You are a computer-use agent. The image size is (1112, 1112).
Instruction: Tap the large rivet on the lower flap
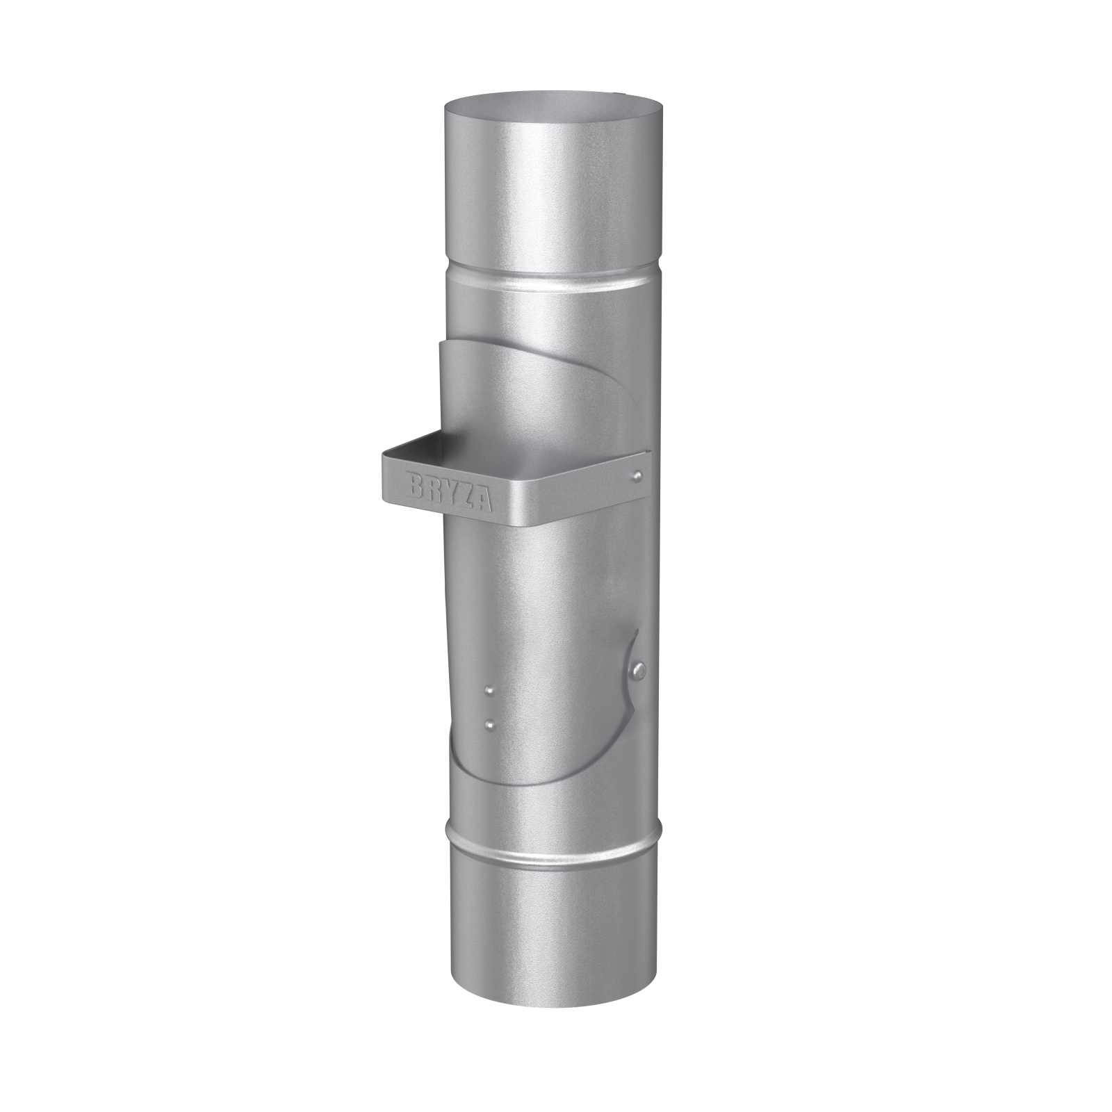tap(639, 669)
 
